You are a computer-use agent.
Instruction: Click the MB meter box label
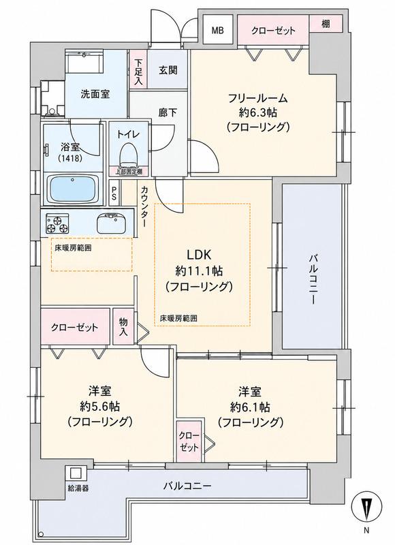click(x=218, y=30)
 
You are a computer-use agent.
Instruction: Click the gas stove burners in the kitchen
click(x=57, y=223)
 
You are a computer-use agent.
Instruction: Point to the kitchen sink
click(x=112, y=223)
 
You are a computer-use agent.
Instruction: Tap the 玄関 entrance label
click(x=168, y=70)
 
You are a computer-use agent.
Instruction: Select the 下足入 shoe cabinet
click(x=139, y=69)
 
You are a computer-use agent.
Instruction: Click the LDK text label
click(x=199, y=255)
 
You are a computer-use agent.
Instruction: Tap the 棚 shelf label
click(x=325, y=24)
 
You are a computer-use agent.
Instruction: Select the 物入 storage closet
click(x=123, y=327)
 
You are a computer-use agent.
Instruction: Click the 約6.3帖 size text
click(x=258, y=112)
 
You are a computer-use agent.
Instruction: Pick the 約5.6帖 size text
click(x=100, y=405)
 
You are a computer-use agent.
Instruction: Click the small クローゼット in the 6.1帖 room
click(x=190, y=442)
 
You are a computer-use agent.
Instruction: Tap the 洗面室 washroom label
click(x=95, y=94)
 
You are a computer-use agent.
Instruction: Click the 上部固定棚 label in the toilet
click(x=129, y=171)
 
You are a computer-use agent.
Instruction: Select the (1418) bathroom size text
click(x=70, y=159)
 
